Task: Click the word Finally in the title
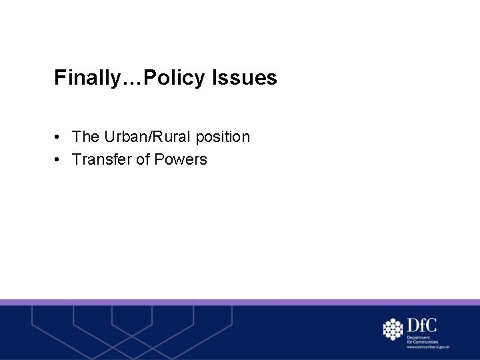[85, 79]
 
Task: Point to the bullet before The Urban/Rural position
[59, 137]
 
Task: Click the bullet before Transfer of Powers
[59, 160]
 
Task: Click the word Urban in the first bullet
[123, 137]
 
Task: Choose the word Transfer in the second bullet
[101, 159]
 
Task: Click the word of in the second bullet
[142, 159]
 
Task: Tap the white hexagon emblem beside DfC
[393, 329]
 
